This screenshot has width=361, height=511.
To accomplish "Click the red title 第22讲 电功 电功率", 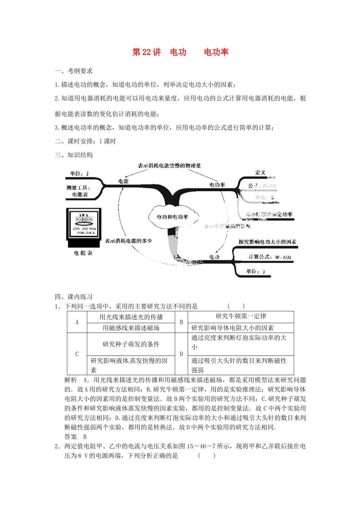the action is pyautogui.click(x=180, y=52).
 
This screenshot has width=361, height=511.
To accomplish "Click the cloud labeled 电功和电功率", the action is pyautogui.click(x=173, y=217).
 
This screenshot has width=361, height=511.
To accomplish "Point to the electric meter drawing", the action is pyautogui.click(x=84, y=227).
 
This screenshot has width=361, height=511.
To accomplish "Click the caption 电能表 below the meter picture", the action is pyautogui.click(x=83, y=253).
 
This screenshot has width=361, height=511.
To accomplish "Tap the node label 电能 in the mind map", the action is pyautogui.click(x=123, y=181).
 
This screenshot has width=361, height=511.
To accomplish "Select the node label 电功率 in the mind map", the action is pyautogui.click(x=217, y=185).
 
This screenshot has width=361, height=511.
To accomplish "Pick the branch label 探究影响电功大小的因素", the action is pyautogui.click(x=267, y=242).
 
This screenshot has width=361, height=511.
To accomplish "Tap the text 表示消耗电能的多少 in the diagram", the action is pyautogui.click(x=128, y=241).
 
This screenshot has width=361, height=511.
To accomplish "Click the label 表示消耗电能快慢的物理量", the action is pyautogui.click(x=169, y=166).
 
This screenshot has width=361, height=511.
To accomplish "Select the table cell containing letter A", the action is pyautogui.click(x=77, y=322).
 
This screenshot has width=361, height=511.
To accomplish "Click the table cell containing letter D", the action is pyautogui.click(x=181, y=354).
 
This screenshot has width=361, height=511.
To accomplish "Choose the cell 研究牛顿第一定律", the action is pyautogui.click(x=241, y=316).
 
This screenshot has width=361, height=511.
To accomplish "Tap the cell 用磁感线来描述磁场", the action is pyautogui.click(x=131, y=328).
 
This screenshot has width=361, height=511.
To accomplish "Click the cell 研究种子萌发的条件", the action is pyautogui.click(x=131, y=344).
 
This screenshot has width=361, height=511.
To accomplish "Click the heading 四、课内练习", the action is pyautogui.click(x=74, y=297).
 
